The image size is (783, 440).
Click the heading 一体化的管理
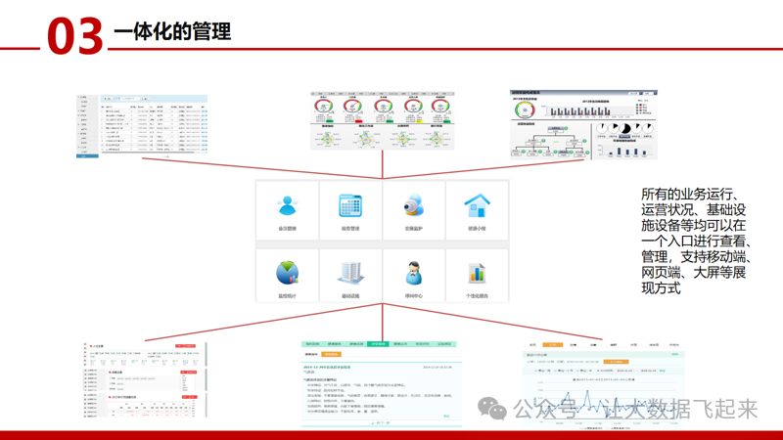click(x=172, y=32)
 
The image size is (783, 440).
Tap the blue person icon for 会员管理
click(x=287, y=205)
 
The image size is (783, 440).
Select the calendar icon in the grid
click(x=350, y=205)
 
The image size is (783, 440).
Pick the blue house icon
click(x=477, y=205)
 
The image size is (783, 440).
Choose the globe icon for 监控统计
click(x=287, y=272)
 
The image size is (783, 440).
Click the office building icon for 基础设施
click(x=350, y=273)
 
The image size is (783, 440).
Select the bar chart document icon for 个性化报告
click(x=477, y=273)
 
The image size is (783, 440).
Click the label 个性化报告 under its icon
click(x=477, y=295)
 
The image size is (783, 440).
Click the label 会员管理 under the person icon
click(x=287, y=229)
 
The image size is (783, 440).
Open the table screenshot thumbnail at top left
click(x=143, y=126)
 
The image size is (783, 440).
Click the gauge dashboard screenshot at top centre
click(x=383, y=122)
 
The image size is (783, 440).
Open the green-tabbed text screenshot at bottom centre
click(x=382, y=381)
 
